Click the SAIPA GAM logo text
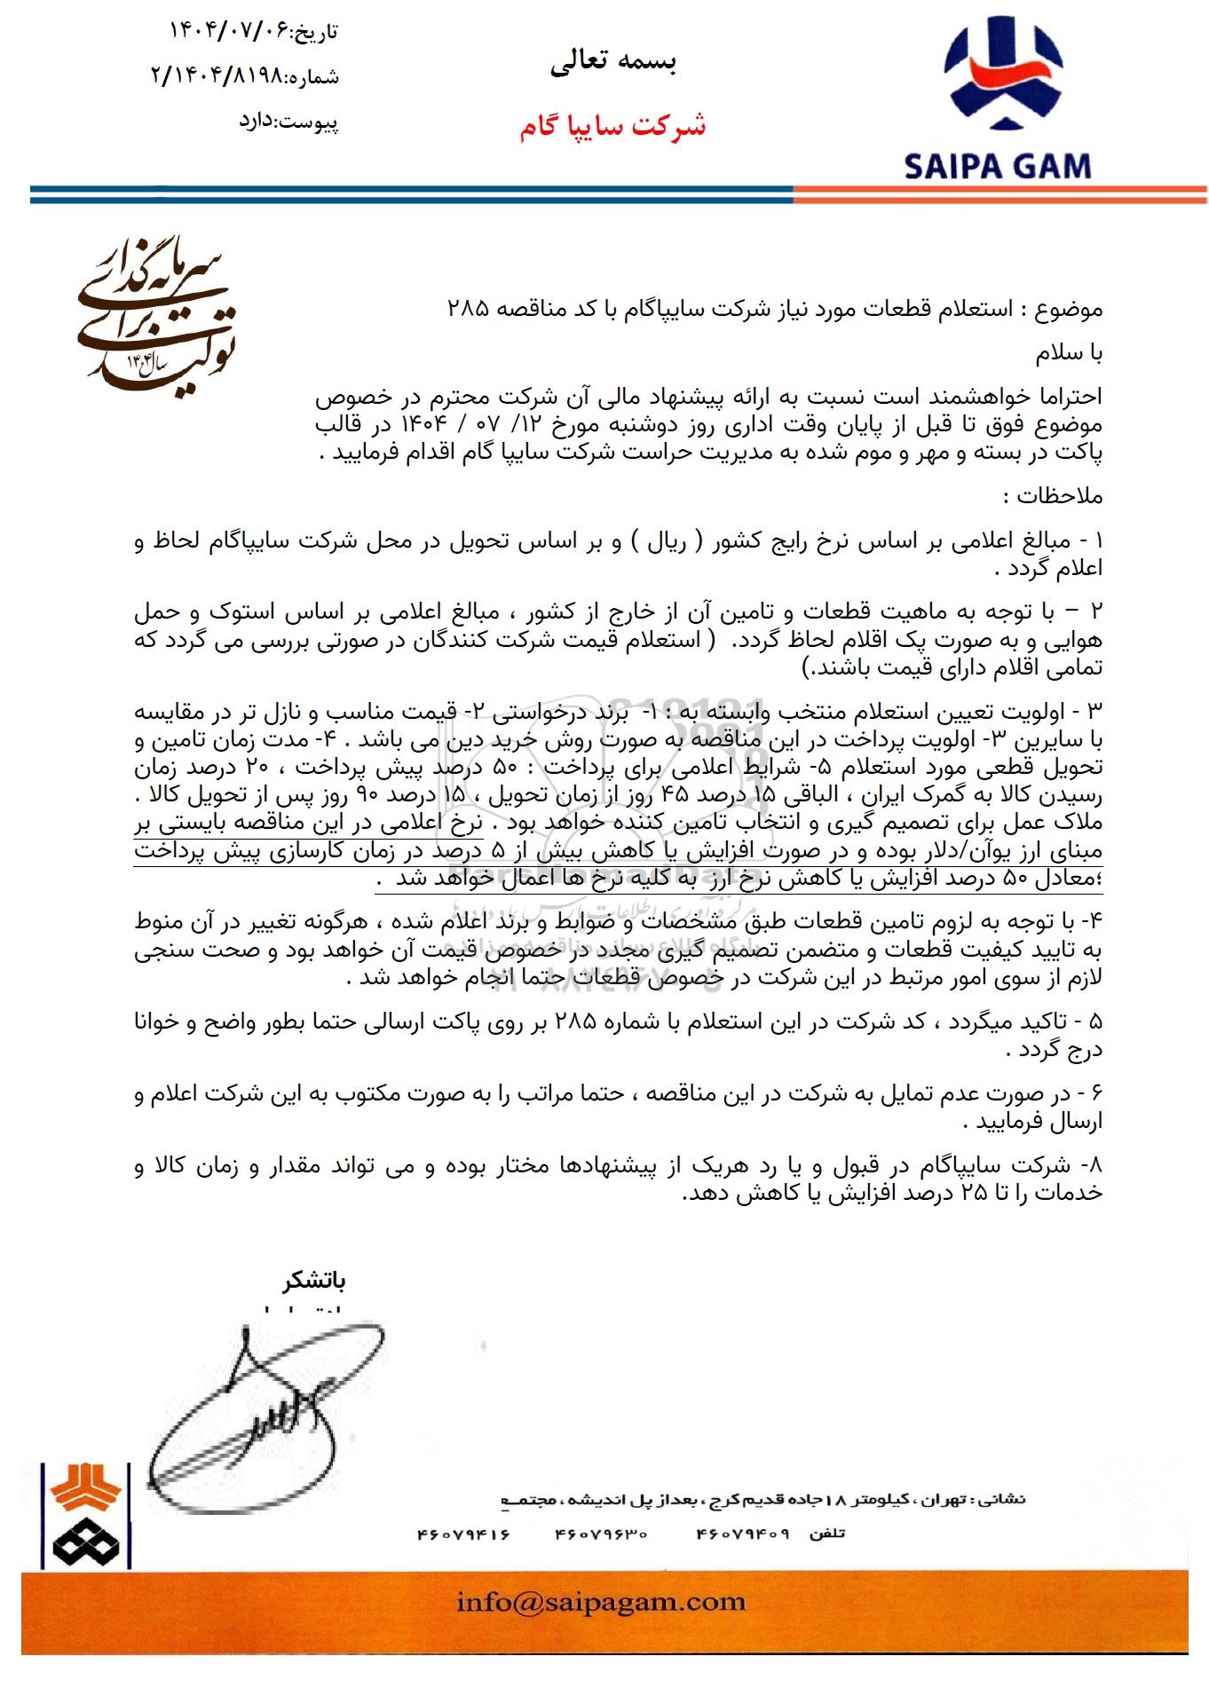click(x=997, y=166)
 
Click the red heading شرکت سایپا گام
click(x=613, y=126)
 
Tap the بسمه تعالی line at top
click(x=613, y=61)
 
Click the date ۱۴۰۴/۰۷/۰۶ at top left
click(x=230, y=30)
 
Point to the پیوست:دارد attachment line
click(x=288, y=121)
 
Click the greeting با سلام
click(x=1069, y=353)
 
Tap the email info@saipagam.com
click(x=601, y=1601)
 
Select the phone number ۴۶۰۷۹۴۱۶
click(x=463, y=1533)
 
